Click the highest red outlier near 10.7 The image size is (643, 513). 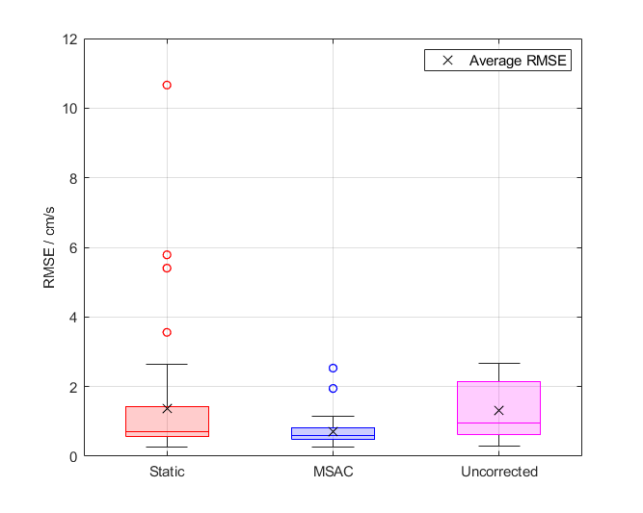(x=167, y=86)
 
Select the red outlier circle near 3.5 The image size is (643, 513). (x=167, y=332)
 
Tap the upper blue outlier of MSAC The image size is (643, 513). (x=333, y=368)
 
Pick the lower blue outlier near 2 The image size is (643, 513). (x=333, y=388)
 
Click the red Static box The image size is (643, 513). (x=167, y=422)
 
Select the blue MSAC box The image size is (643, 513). (x=333, y=433)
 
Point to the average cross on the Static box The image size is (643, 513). (x=167, y=408)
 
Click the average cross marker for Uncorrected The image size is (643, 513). (x=498, y=410)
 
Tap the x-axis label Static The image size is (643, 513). (x=167, y=473)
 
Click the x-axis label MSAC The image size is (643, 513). (x=333, y=473)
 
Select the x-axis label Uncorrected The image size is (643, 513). (x=498, y=473)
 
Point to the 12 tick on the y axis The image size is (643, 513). (x=70, y=39)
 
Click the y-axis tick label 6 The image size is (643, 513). (x=73, y=247)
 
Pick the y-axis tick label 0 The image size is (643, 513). (x=73, y=456)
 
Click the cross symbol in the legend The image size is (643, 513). (x=447, y=61)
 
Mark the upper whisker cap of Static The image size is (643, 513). (x=167, y=365)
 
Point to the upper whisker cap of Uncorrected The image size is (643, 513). (x=498, y=364)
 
